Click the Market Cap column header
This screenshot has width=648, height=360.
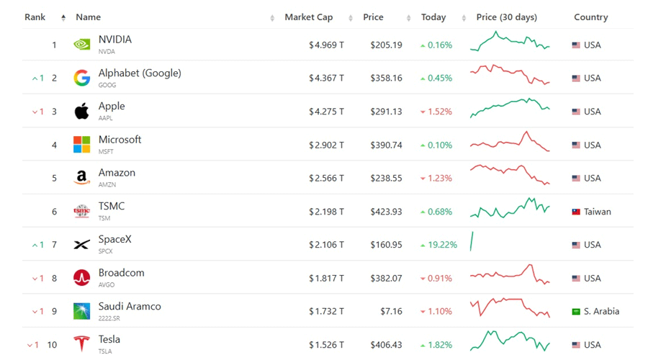click(x=308, y=17)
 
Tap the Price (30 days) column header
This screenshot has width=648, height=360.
click(x=507, y=17)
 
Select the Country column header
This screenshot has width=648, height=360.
click(x=590, y=17)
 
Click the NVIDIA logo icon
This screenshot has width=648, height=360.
click(x=82, y=44)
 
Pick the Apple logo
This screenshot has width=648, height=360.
click(x=82, y=111)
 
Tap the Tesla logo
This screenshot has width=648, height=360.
click(x=82, y=343)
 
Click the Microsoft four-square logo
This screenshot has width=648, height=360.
click(x=82, y=145)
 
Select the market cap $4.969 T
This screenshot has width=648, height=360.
click(x=326, y=45)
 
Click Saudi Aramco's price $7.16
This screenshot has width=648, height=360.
click(x=391, y=311)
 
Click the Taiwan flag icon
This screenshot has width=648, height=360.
click(x=576, y=212)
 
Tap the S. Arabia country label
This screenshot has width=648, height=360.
click(x=601, y=311)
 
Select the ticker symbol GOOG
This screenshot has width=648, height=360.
click(x=107, y=85)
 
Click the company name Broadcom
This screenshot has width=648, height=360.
click(x=121, y=273)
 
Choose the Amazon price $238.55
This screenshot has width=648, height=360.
click(x=386, y=178)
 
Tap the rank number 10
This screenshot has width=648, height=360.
click(x=52, y=345)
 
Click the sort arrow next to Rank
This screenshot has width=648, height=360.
click(x=63, y=17)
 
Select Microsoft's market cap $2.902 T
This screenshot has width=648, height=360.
click(x=326, y=145)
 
